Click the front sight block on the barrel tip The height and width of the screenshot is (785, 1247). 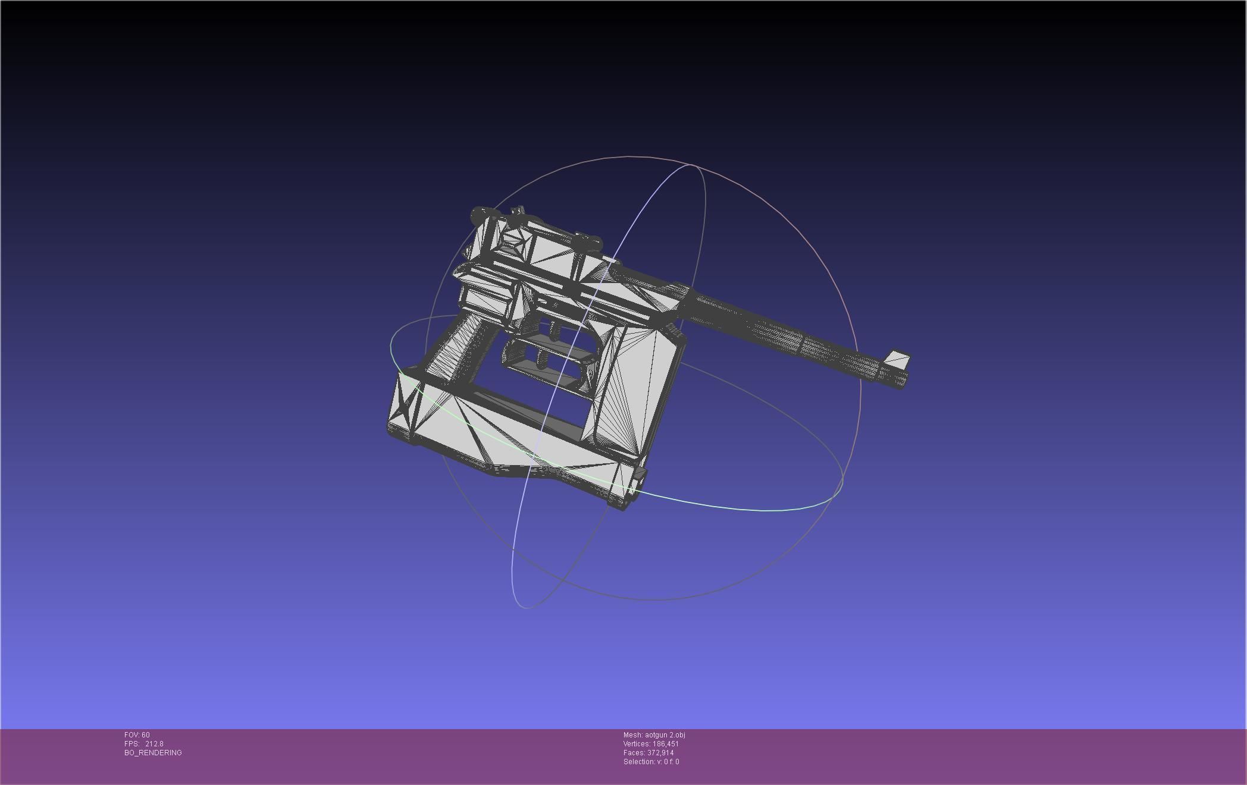point(897,359)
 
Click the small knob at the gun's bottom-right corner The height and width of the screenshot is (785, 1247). point(640,474)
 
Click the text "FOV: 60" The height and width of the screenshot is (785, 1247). point(137,735)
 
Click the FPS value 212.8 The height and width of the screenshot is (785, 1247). point(154,744)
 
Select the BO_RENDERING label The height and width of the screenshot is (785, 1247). point(153,753)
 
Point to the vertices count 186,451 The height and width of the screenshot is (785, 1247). point(665,744)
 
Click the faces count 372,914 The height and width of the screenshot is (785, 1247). point(660,753)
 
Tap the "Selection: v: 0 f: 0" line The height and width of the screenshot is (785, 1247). point(651,762)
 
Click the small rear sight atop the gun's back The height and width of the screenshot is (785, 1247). point(518,211)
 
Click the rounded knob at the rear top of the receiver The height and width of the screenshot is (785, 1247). point(479,214)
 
